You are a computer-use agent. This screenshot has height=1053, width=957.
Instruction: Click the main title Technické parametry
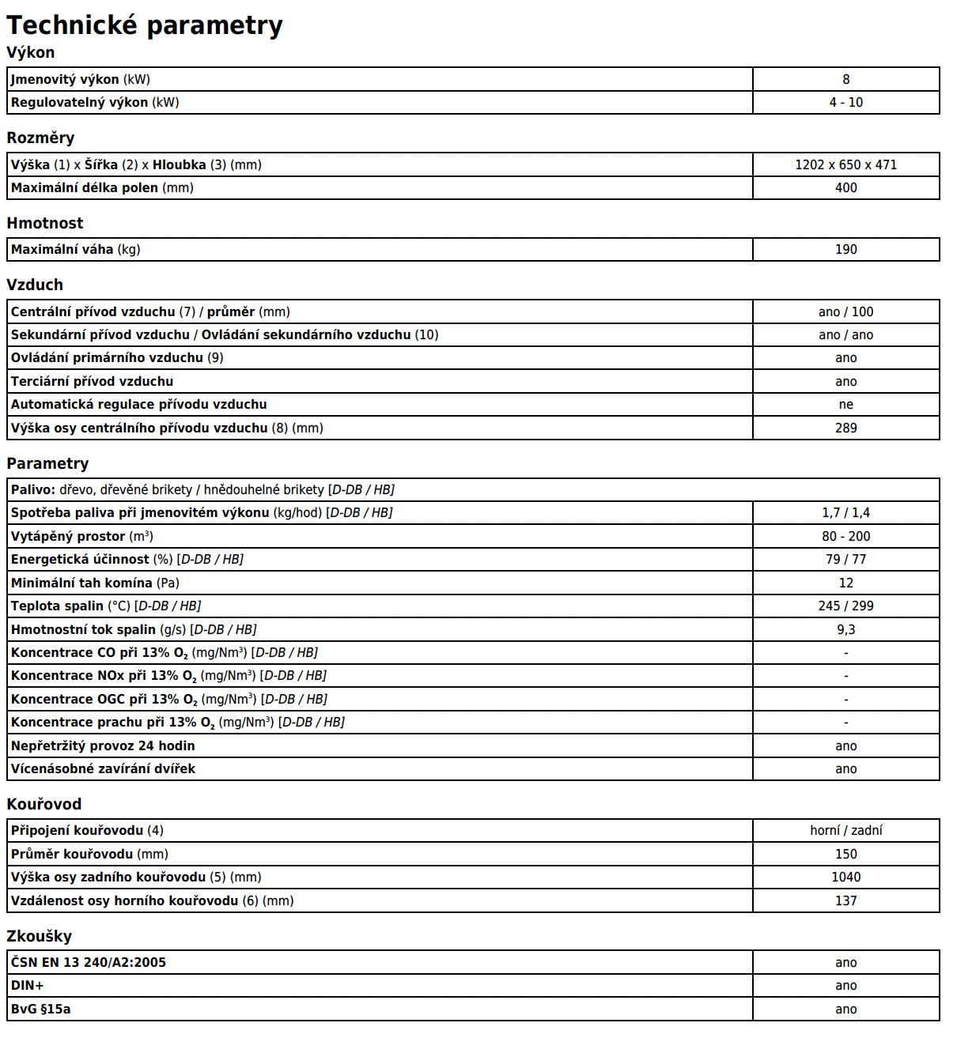[x=145, y=25]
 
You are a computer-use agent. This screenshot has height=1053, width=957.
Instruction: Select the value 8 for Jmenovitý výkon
[x=845, y=79]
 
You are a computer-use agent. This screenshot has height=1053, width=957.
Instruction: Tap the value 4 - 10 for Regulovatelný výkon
[x=845, y=103]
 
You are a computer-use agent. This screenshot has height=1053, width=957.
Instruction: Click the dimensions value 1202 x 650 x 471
[x=845, y=164]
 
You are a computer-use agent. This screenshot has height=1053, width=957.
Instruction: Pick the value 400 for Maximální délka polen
[x=845, y=188]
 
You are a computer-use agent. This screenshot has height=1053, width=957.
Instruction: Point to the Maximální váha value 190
[x=845, y=250]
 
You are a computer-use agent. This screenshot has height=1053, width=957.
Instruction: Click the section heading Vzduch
[x=35, y=285]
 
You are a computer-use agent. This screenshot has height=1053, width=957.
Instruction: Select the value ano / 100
[x=845, y=311]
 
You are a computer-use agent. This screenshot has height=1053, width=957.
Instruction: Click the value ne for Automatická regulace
[x=845, y=405]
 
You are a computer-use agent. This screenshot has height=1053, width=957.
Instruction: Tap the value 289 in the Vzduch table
[x=845, y=428]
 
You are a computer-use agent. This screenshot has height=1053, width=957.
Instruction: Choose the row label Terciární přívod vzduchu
[x=92, y=381]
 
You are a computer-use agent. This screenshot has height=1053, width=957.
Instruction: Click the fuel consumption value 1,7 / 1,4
[x=845, y=513]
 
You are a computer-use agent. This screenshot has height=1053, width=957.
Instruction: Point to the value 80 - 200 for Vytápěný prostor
[x=845, y=536]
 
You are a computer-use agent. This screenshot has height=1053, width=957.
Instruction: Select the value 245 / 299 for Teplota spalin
[x=845, y=606]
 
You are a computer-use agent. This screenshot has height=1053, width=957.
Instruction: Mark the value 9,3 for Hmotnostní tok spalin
[x=845, y=629]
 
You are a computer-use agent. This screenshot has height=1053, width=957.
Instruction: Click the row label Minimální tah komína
[x=95, y=583]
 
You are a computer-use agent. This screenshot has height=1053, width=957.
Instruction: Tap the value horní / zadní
[x=845, y=830]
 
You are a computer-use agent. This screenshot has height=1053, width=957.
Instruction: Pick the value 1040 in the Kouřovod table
[x=845, y=877]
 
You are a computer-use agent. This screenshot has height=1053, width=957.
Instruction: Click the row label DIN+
[x=28, y=986]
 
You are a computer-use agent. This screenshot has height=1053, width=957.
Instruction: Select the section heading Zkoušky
[x=40, y=936]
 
